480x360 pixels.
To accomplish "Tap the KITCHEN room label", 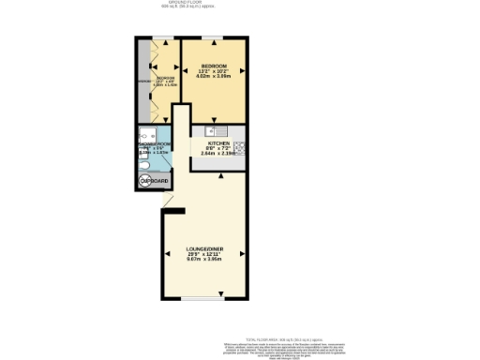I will click(218, 142).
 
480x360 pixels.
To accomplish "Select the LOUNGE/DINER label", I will click(203, 247).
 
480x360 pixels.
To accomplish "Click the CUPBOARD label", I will click(153, 181).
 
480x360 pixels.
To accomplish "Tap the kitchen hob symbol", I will click(240, 145).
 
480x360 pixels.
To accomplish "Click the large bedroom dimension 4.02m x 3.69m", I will click(216, 77).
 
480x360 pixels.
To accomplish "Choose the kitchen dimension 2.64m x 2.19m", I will click(218, 153).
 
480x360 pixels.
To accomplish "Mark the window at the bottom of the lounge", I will click(203, 299).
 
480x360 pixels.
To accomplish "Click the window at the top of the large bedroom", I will click(216, 37).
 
